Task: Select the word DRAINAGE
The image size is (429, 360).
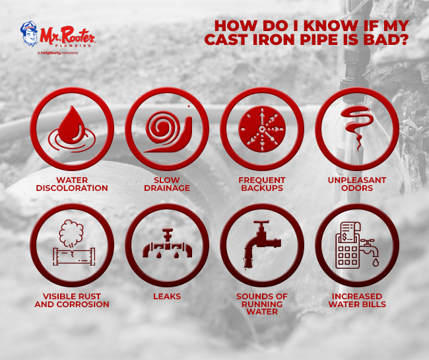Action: click(167, 188)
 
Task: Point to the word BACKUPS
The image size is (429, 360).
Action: click(262, 188)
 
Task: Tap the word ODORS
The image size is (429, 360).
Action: click(357, 188)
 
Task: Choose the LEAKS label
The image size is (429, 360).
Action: click(167, 297)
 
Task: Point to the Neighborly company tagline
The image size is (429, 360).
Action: click(58, 53)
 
